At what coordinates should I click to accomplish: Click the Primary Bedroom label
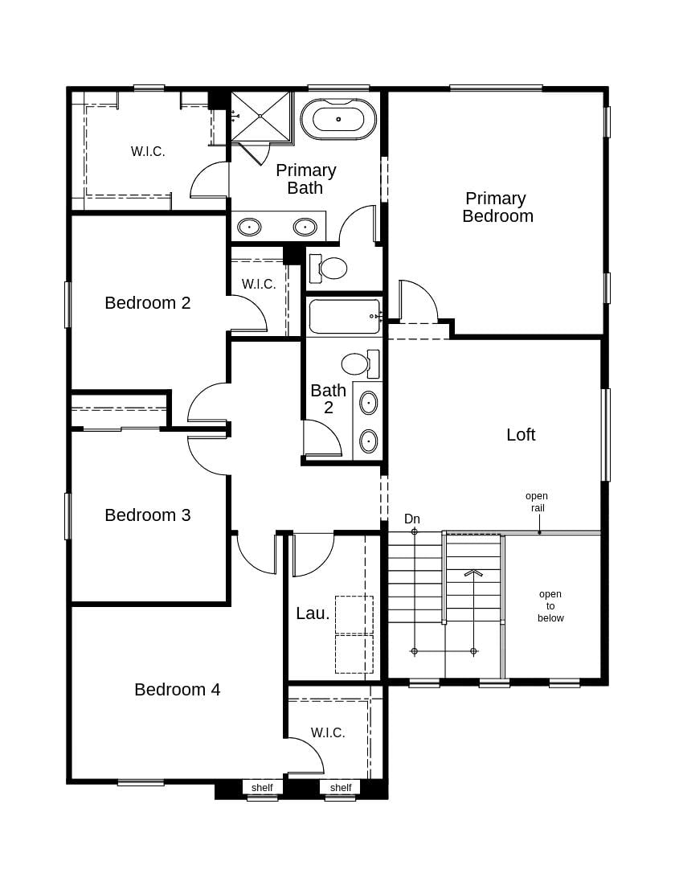point(497,207)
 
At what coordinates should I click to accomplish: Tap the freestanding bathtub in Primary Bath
point(338,119)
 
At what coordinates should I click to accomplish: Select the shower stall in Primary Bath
point(260,117)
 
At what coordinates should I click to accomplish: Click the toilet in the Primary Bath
point(329,268)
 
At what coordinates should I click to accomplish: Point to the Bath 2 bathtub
point(344,316)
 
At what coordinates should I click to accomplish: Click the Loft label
point(521,435)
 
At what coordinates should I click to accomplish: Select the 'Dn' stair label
point(412,519)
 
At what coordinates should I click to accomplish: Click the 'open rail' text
point(537,502)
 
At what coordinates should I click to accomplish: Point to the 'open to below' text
point(550,606)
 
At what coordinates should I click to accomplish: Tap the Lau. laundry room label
point(313,613)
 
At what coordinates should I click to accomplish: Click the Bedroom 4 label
point(177,690)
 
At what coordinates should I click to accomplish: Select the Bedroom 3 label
point(148,515)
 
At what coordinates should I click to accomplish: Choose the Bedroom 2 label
point(148,303)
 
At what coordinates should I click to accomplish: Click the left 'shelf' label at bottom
point(262,788)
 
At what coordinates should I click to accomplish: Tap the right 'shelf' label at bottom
point(341,788)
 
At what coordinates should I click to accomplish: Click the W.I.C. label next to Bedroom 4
point(328,732)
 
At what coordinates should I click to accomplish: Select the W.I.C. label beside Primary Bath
point(148,151)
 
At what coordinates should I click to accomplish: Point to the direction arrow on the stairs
point(473,573)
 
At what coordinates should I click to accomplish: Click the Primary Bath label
point(305,179)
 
